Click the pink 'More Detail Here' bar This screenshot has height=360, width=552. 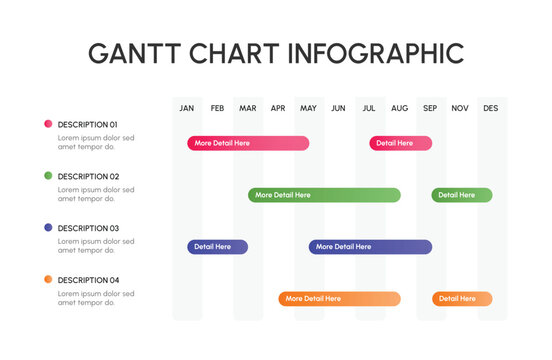point(248,143)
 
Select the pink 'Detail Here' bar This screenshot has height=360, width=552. point(400,143)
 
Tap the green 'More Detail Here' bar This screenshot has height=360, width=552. point(324,195)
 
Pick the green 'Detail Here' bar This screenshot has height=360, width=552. point(461,195)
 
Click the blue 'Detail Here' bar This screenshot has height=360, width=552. point(217,247)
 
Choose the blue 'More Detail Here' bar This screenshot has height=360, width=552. point(370,247)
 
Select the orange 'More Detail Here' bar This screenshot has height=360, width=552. point(339,299)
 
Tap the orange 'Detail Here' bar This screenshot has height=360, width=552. point(461,299)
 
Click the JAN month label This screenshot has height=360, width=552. point(187,108)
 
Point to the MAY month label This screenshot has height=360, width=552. point(308,108)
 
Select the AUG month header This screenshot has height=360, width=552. point(399,108)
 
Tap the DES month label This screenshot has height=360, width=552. point(490,108)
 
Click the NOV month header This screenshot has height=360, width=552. point(460,108)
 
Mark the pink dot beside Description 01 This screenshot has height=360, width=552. point(48,124)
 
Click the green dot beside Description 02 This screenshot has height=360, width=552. point(48,176)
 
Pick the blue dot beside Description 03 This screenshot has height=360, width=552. point(48,228)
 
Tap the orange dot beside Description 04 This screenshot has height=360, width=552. point(48,280)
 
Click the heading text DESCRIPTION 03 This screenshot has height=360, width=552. point(88,228)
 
